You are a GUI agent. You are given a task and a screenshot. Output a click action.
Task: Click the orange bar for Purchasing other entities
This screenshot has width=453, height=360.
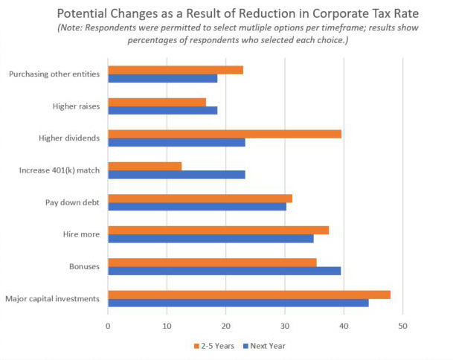176,70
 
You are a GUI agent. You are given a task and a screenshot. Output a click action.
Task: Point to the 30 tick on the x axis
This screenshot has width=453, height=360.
285,326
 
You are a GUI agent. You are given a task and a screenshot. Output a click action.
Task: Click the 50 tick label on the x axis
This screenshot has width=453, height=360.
402,326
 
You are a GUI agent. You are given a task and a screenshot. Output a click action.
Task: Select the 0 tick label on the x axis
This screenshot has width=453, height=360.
109,326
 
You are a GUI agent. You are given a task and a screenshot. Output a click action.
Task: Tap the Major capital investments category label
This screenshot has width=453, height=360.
53,299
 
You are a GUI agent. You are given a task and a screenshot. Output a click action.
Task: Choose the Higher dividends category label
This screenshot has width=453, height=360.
71,138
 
